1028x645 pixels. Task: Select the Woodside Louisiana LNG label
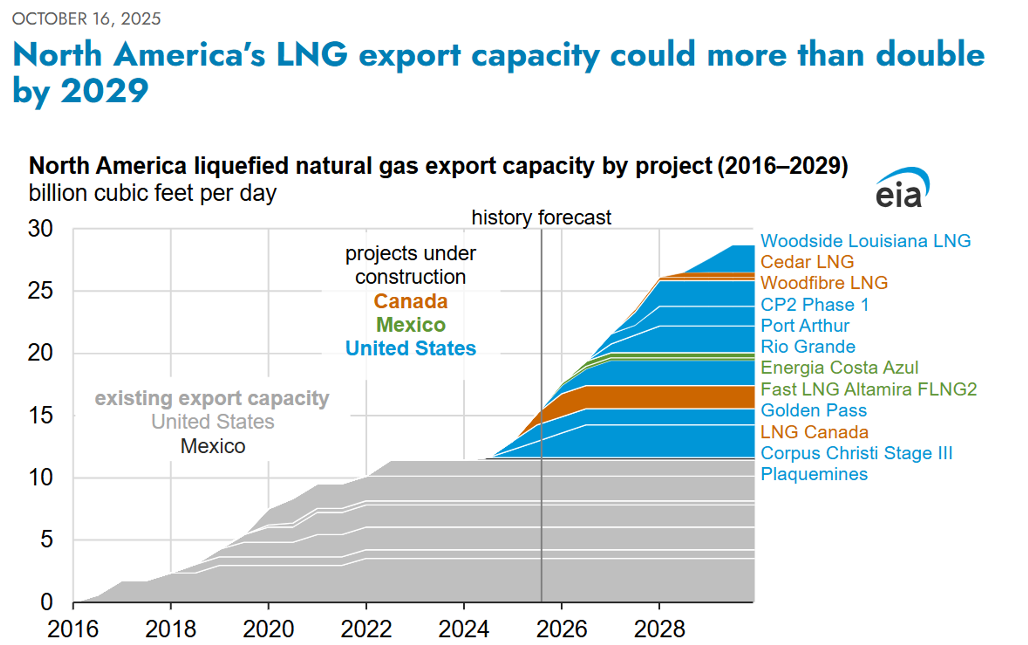click(865, 241)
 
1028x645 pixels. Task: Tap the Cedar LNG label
click(807, 262)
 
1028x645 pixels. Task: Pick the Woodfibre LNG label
click(824, 283)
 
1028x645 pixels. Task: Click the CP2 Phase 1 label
click(814, 305)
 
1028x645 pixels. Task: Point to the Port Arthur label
click(805, 326)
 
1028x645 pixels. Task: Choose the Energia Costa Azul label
click(839, 368)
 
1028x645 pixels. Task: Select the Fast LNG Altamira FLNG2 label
click(868, 389)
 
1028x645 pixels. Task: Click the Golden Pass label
click(813, 410)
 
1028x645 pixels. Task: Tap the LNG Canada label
click(814, 432)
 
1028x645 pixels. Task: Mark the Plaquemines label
click(814, 474)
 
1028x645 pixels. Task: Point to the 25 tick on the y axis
click(40, 291)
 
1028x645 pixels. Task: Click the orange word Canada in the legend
click(410, 301)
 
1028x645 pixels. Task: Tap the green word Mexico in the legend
click(410, 325)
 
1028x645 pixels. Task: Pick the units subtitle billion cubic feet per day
click(152, 193)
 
